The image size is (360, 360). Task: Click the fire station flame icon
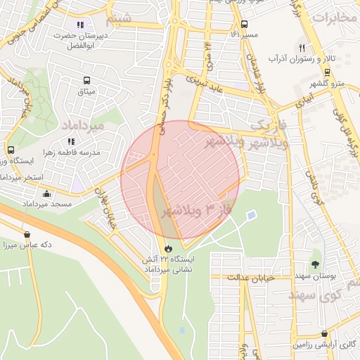click(x=167, y=249)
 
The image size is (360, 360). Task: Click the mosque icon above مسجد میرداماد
click(x=47, y=193)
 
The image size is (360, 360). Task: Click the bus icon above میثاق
click(x=86, y=81)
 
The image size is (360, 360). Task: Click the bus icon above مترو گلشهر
click(x=327, y=72)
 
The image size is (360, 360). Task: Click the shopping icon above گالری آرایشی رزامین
click(x=323, y=334)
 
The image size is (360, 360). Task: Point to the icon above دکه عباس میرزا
click(x=27, y=235)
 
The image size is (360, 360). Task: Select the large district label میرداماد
click(x=83, y=124)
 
